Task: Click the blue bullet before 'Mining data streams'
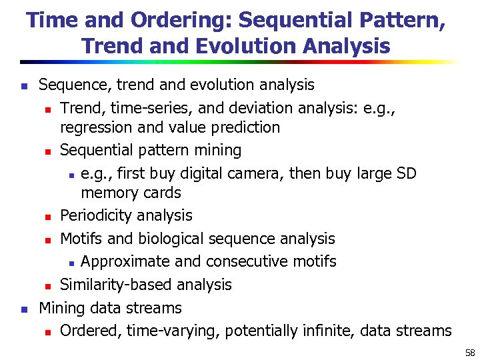click(23, 309)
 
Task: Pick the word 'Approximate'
click(127, 261)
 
